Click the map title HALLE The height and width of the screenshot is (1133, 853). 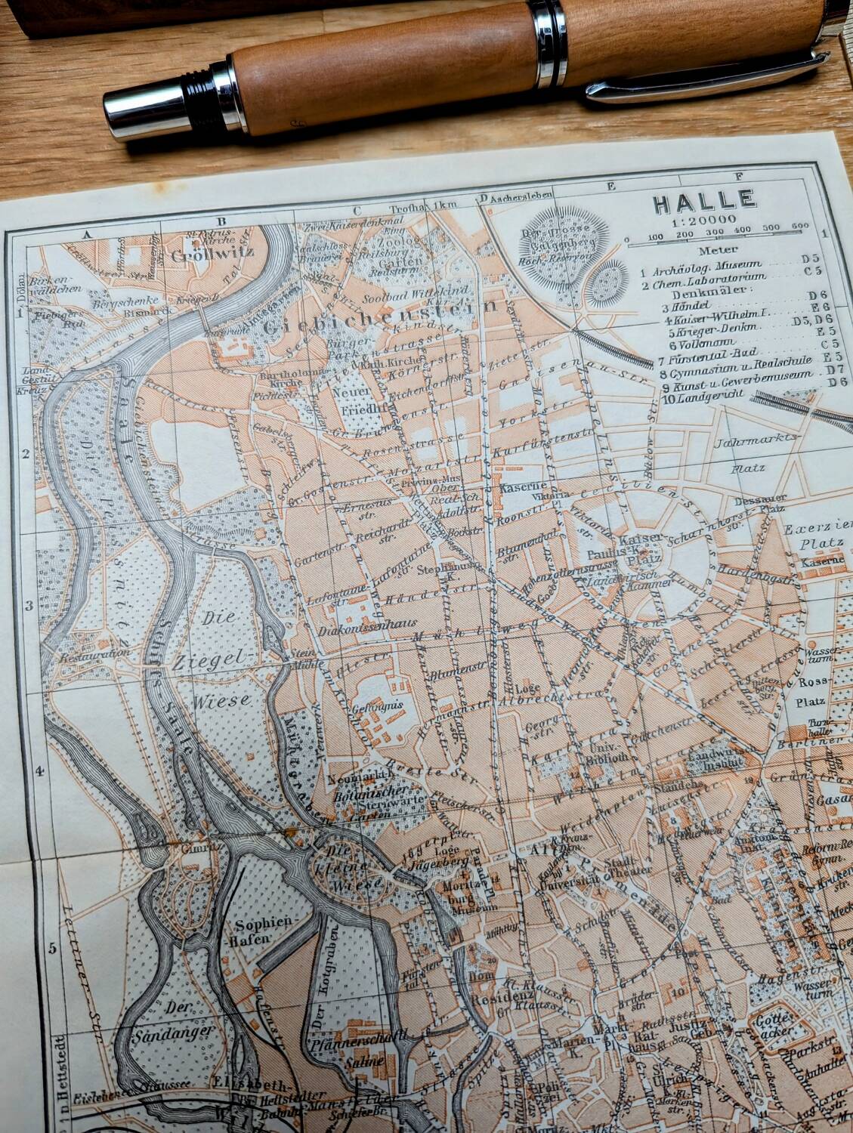click(x=703, y=201)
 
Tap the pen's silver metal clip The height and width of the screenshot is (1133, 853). click(x=703, y=81)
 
